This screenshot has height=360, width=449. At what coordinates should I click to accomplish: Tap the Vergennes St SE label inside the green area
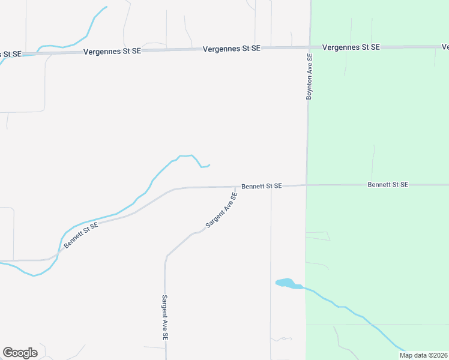[x=351, y=47]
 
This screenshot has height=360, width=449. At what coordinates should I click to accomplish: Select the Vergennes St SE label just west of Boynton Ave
[x=232, y=48]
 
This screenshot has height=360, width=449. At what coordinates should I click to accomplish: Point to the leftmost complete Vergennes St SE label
[x=112, y=52]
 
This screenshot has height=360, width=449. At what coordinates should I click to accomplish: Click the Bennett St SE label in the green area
[x=388, y=185]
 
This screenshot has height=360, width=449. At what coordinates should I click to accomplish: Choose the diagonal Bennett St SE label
[x=81, y=235]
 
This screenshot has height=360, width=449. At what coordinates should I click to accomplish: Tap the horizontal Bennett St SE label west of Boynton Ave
[x=262, y=187]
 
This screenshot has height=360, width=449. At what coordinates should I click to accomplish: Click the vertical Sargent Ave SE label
[x=164, y=317]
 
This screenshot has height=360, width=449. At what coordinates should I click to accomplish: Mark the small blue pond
[x=286, y=283]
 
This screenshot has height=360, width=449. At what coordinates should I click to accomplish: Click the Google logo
[x=20, y=353]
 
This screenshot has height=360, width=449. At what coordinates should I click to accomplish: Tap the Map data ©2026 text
[x=423, y=355]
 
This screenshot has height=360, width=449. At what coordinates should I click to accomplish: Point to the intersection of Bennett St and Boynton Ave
[x=307, y=185]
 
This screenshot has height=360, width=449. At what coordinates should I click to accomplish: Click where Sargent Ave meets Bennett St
[x=235, y=187]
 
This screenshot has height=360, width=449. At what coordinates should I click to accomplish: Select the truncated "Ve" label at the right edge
[x=445, y=47]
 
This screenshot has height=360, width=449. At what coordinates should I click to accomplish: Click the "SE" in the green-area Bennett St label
[x=403, y=185]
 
